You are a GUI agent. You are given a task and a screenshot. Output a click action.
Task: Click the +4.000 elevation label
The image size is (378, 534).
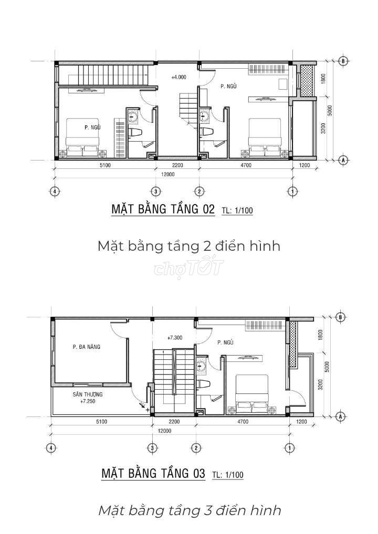click(x=178, y=77)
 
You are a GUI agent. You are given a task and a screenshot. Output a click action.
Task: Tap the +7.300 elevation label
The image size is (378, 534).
click(x=175, y=338)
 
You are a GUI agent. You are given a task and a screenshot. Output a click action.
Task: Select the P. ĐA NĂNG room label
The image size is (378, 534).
click(x=87, y=347)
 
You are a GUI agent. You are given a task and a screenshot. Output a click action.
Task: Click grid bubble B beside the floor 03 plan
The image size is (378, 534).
click(x=341, y=317)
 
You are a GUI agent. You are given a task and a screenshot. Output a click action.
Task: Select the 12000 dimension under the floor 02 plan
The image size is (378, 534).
click(x=167, y=174)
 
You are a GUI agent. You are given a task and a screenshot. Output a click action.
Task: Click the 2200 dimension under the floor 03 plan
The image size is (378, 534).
click(x=174, y=422)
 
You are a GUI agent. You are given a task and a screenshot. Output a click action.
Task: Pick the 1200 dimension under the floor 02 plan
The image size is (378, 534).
click(x=304, y=166)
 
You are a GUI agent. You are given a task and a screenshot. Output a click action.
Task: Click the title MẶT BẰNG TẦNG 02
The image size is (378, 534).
click(x=163, y=209)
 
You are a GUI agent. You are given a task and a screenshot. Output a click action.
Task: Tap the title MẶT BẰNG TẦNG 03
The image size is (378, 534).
click(x=153, y=473)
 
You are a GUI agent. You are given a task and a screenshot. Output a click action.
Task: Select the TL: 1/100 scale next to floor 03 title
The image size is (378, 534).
click(x=228, y=474)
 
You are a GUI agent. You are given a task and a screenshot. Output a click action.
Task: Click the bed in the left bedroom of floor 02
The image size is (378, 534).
click(x=82, y=137)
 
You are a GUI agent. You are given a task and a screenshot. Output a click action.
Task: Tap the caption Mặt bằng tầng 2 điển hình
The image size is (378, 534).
click(x=189, y=245)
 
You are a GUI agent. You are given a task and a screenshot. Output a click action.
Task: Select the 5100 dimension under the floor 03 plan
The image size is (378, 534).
click(x=101, y=422)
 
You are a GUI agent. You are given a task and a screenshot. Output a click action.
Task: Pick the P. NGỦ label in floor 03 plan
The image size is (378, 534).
click(x=225, y=342)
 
